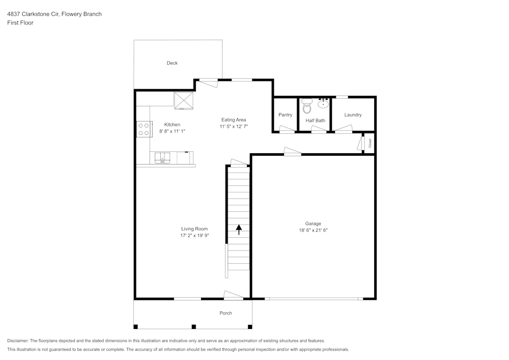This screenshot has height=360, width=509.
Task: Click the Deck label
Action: tap(172, 63)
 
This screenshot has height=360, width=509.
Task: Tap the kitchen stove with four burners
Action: tap(144, 129)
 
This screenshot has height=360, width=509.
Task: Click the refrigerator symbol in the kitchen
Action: tap(184, 100)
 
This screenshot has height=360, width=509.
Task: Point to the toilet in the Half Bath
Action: tap(306, 106)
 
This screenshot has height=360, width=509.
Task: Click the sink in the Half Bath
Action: tap(323, 103)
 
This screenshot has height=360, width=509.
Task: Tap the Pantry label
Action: tap(286, 115)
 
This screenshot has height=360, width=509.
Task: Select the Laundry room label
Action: tap(353, 115)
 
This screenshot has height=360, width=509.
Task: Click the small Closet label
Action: tap(370, 143)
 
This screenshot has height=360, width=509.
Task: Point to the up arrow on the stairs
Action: tap(239, 229)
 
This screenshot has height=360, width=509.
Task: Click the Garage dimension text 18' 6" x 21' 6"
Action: tap(313, 230)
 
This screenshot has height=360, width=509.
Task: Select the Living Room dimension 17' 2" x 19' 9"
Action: tap(194, 236)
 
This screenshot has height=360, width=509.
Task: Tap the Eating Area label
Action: tap(234, 120)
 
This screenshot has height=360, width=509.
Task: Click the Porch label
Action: tap(225, 313)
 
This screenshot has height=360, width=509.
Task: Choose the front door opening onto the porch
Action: tap(234, 295)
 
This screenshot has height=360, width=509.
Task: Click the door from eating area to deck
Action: tap(208, 82)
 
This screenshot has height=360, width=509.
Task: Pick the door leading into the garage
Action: tap(292, 151)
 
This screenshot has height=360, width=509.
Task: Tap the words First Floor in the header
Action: tap(20, 23)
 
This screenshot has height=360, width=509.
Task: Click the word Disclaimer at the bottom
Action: tap(18, 341)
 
